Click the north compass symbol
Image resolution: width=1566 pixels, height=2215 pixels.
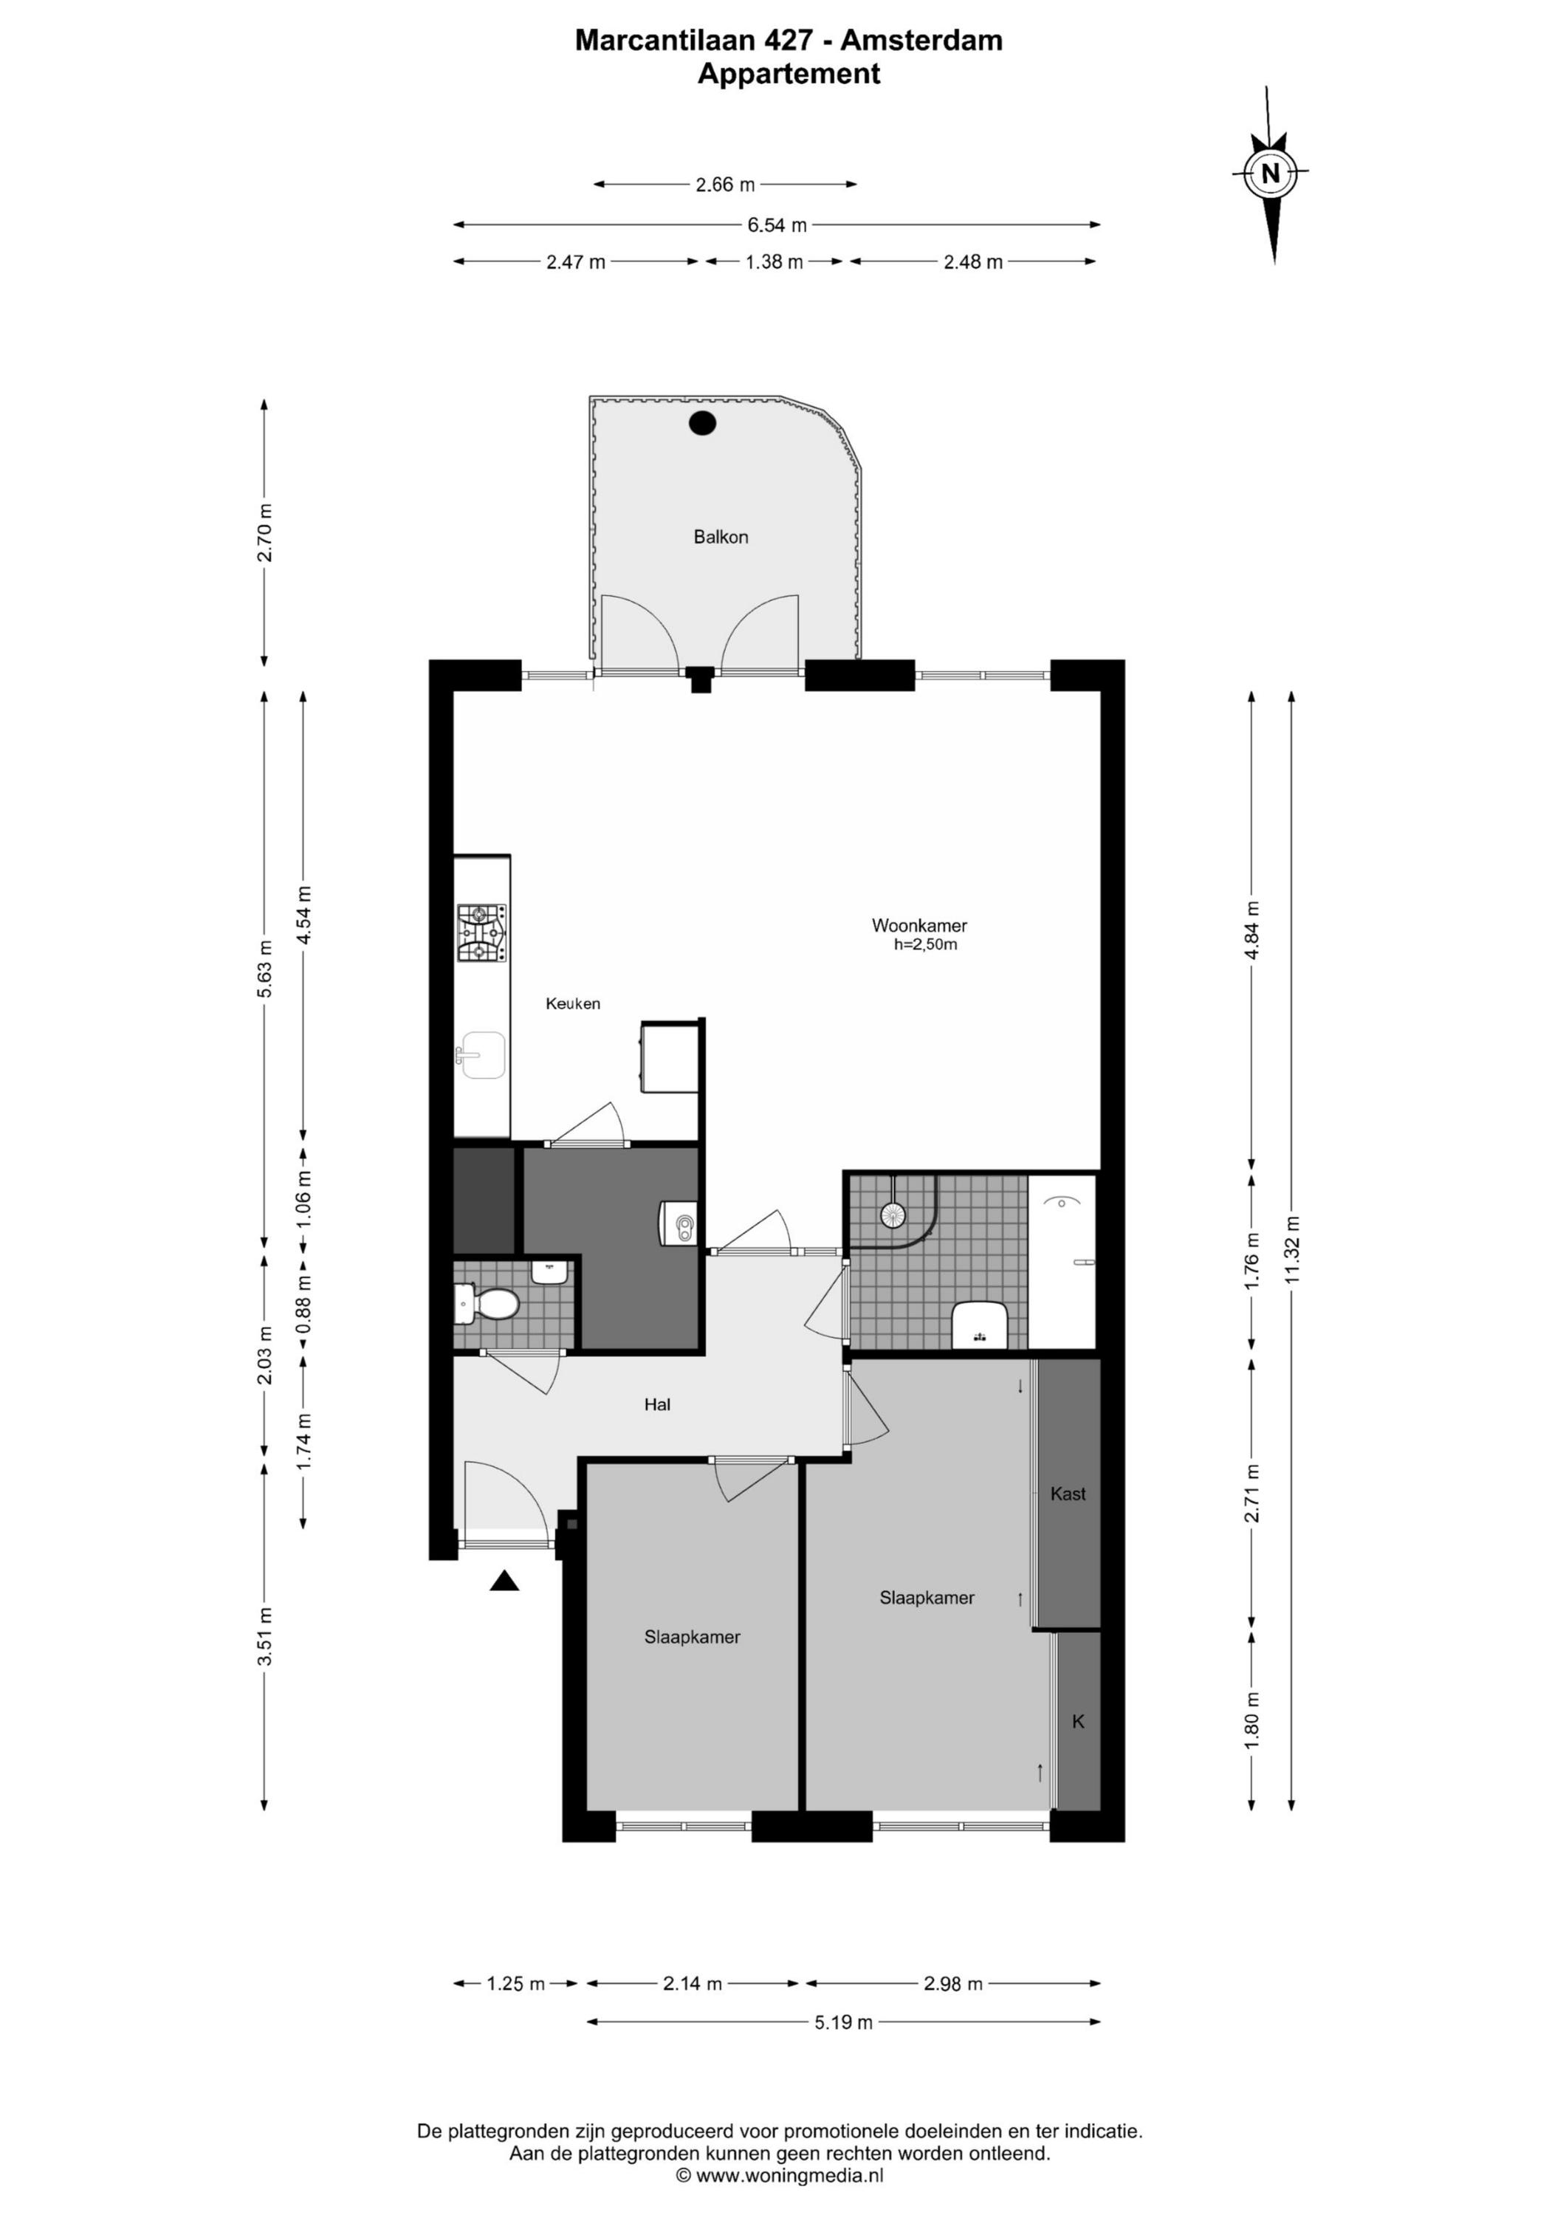tap(1271, 174)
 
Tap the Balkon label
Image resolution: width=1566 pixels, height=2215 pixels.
tap(721, 538)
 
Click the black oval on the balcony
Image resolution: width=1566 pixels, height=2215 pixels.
tap(701, 422)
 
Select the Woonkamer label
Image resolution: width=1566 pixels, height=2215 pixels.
tap(919, 925)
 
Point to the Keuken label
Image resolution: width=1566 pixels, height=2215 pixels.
tap(573, 1003)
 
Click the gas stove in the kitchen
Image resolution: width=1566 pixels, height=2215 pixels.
tap(481, 933)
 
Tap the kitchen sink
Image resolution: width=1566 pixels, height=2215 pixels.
tap(481, 1054)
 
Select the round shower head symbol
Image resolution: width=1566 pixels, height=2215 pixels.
tap(892, 1215)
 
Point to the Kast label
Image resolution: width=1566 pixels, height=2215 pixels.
tap(1068, 1494)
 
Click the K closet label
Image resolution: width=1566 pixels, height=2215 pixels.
tap(1079, 1721)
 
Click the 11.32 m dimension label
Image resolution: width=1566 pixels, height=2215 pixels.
tap(1293, 1249)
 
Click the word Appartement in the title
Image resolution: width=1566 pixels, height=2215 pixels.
tap(789, 75)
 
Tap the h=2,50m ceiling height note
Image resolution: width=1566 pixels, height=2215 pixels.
tap(925, 944)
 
